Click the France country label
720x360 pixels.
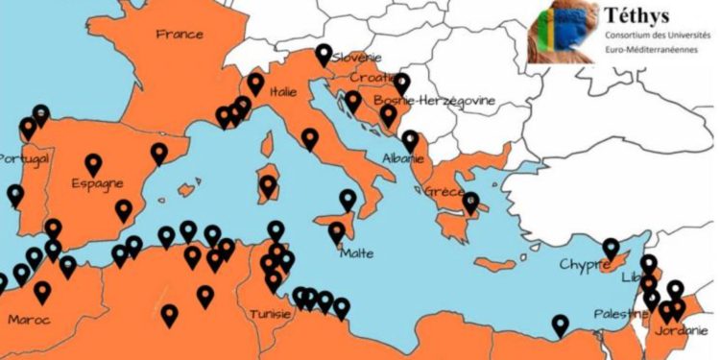pyautogui.click(x=180, y=35)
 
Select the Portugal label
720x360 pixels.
pyautogui.click(x=23, y=158)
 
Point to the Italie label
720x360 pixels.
pyautogui.click(x=283, y=93)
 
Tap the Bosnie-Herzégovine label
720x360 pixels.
pyautogui.click(x=419, y=100)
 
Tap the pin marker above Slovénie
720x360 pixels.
pyautogui.click(x=324, y=54)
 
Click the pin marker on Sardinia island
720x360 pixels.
pyautogui.click(x=268, y=184)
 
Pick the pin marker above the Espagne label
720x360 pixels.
pyautogui.click(x=93, y=164)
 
